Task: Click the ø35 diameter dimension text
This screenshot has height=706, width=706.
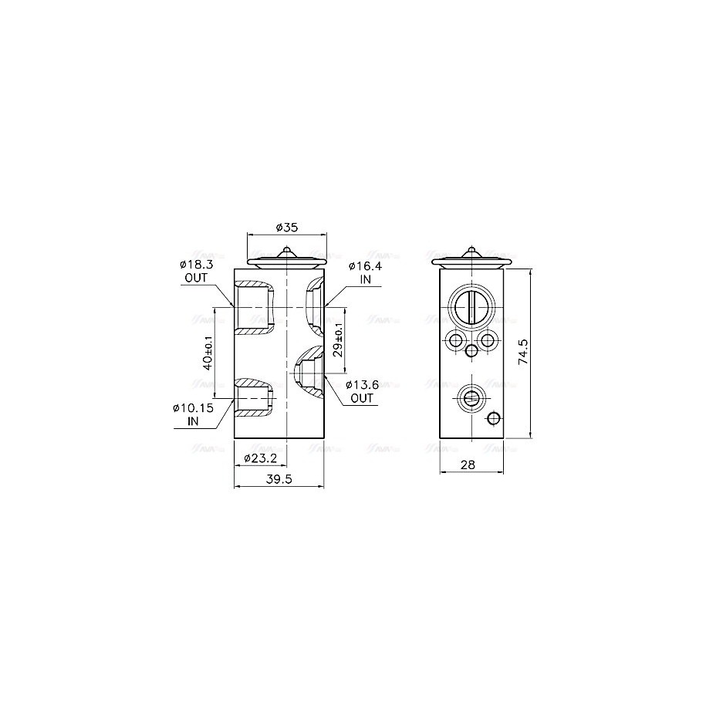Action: coord(286,227)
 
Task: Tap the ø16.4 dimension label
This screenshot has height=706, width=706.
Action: coord(365,266)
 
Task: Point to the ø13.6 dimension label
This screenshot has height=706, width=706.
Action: coord(361,385)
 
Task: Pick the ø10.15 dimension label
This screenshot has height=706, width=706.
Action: coord(192,408)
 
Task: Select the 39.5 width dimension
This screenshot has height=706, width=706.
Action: coord(279,479)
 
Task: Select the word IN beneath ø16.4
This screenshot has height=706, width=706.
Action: coord(365,279)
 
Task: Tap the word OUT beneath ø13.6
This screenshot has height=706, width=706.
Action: coord(361,398)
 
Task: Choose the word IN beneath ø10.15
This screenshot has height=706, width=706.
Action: coord(192,421)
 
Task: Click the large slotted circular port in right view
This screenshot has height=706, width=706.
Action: coord(470,306)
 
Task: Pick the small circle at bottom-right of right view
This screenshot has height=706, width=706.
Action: coord(494,419)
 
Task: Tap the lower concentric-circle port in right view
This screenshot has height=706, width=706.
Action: coord(470,397)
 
